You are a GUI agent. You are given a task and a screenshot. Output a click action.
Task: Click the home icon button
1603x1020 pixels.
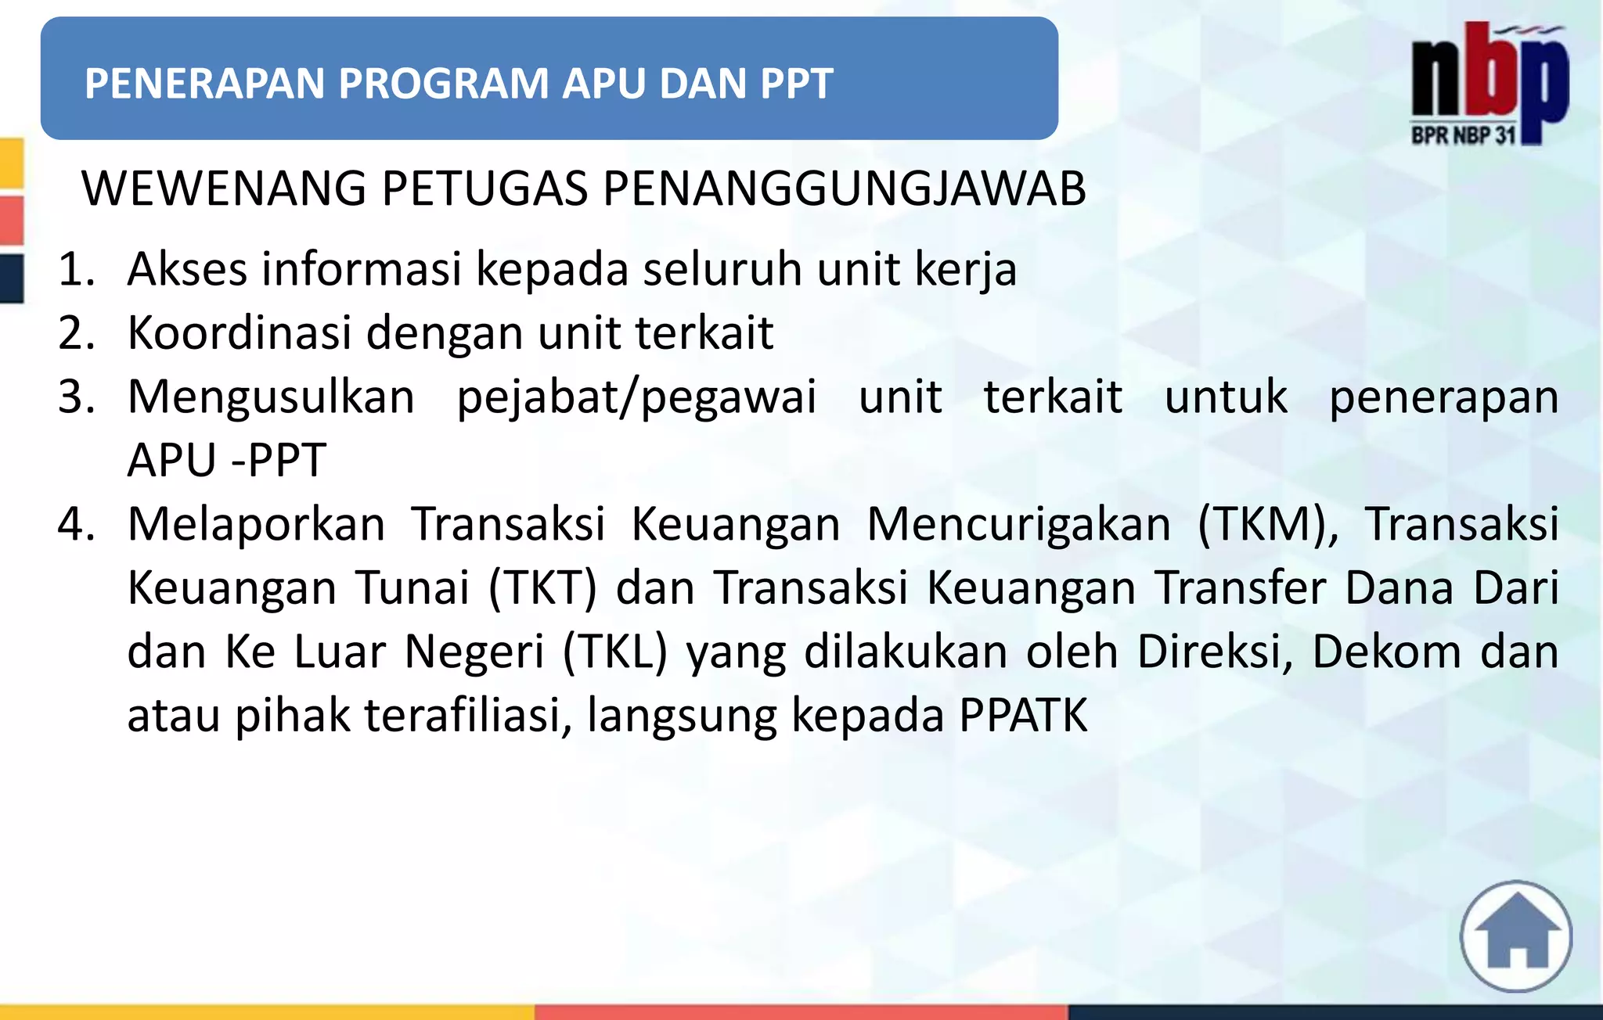(1516, 936)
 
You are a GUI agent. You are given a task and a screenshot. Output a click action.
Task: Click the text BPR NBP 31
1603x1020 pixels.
(1463, 135)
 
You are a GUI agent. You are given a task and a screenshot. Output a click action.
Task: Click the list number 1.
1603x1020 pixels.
(75, 269)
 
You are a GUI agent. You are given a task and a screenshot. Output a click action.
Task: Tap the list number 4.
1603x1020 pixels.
(75, 523)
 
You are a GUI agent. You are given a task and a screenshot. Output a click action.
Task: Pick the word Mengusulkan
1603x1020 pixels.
(271, 397)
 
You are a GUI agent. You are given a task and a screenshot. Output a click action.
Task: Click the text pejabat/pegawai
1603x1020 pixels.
(636, 397)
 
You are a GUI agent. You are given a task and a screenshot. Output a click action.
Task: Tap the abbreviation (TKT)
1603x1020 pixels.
(542, 587)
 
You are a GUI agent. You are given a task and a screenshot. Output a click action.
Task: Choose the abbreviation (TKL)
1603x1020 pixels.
(615, 651)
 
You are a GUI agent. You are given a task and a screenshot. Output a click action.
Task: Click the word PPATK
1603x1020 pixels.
(1023, 714)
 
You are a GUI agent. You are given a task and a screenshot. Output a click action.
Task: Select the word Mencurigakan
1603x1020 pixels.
(1019, 523)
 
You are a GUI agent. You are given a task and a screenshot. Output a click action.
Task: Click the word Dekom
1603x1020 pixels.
(1386, 651)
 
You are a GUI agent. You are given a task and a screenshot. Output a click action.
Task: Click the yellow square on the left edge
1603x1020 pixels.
(11, 163)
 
